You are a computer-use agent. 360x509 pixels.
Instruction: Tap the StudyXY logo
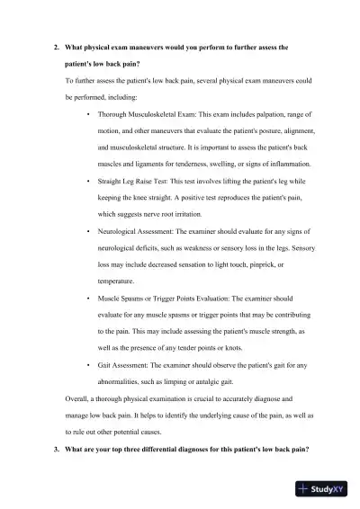tap(325, 489)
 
